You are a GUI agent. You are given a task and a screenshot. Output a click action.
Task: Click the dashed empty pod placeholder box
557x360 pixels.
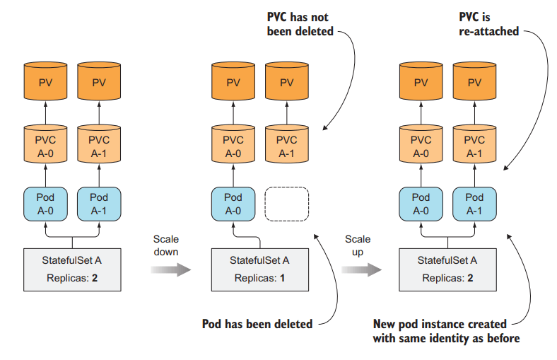coord(287,204)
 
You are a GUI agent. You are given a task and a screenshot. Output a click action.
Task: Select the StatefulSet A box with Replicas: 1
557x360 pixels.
coord(260,269)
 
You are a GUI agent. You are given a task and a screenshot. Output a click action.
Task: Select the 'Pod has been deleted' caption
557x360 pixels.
coord(257,324)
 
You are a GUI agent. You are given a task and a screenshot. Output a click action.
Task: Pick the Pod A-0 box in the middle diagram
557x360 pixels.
coord(233,204)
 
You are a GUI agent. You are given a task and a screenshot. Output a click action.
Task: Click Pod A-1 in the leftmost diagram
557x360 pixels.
coord(99,204)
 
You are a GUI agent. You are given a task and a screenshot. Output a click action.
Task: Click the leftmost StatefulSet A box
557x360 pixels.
coord(72,269)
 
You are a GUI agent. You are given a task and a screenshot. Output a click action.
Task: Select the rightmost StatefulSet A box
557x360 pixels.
coord(448,269)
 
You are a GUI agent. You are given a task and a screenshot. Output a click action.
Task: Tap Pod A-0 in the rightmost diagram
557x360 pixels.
coord(421,204)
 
